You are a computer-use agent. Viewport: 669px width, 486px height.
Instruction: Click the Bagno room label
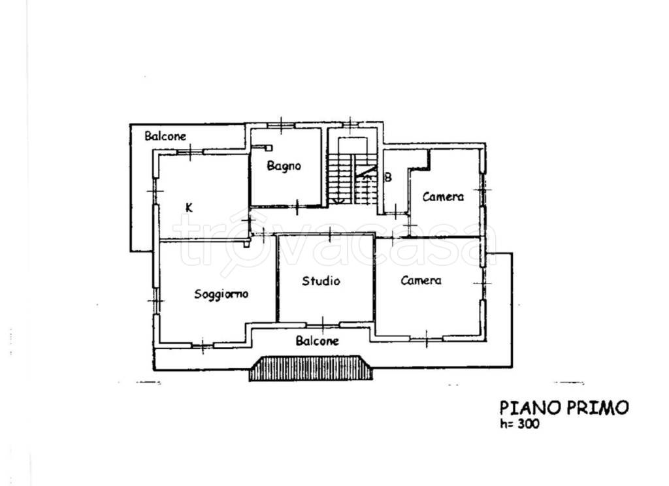coord(284,165)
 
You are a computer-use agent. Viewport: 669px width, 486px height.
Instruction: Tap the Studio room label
coord(321,281)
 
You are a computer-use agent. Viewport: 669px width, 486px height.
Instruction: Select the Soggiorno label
coord(221,295)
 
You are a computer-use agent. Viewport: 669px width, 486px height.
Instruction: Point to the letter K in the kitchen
coord(189,208)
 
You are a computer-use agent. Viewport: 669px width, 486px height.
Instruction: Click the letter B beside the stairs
coord(388,177)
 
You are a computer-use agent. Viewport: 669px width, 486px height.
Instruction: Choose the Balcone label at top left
coord(165,136)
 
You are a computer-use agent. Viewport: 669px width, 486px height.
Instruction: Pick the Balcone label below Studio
coord(317,340)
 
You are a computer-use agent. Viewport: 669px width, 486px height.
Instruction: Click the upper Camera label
coord(443,197)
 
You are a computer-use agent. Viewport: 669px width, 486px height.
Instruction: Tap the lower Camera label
coord(421,280)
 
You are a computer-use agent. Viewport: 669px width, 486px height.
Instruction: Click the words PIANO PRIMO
coord(564,408)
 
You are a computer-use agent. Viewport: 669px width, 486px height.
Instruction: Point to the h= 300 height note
coord(519,424)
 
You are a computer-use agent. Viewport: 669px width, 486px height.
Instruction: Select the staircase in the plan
coord(352,171)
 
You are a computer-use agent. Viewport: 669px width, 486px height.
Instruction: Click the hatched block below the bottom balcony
coord(310,368)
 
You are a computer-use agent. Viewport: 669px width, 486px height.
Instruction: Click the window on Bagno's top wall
coord(281,125)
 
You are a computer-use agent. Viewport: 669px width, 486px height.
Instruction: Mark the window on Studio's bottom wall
coord(323,324)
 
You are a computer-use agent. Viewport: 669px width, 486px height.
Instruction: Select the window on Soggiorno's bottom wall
coord(203,344)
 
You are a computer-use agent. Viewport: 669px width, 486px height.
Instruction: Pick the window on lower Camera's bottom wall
coord(426,339)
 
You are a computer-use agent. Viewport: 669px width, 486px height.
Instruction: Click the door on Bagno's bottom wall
coord(297,207)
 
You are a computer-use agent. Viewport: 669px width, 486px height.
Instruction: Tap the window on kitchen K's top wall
coord(190,152)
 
